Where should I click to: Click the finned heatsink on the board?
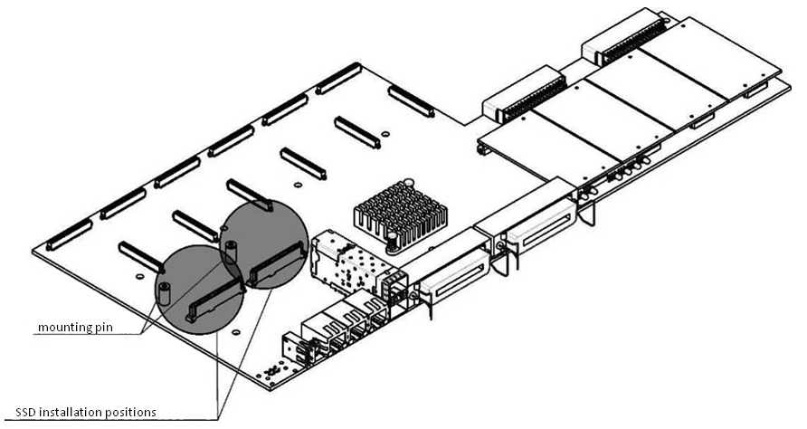coord(397,213)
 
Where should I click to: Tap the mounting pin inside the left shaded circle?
coord(166,291)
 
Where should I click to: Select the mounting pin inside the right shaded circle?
coord(231,249)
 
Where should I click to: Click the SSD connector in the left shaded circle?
coord(214,299)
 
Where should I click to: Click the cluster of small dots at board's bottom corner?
coord(271,372)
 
